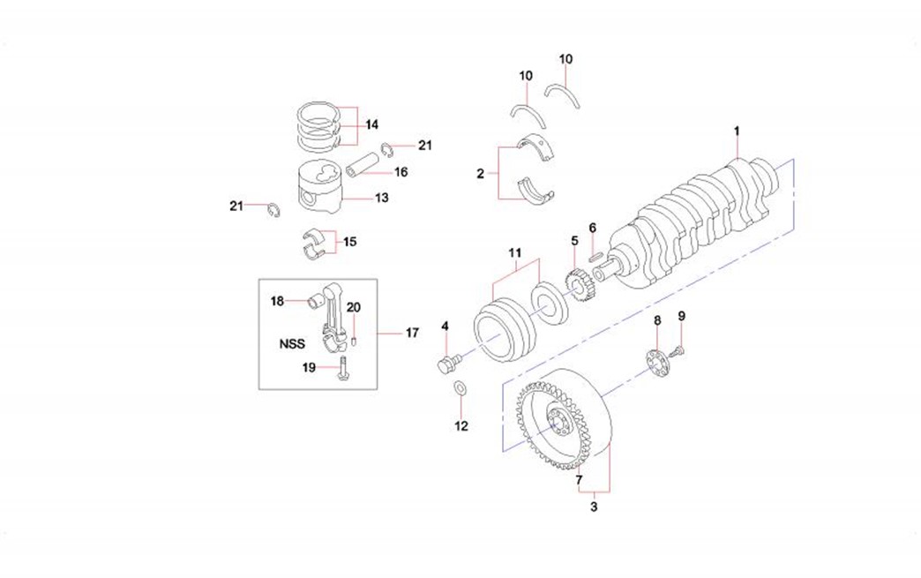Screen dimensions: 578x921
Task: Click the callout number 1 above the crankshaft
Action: coord(737,131)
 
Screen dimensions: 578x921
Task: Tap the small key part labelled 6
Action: coord(595,257)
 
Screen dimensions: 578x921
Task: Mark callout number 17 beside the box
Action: coord(412,333)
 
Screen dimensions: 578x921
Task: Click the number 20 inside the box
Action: coord(353,307)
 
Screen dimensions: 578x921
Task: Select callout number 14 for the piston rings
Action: coord(372,124)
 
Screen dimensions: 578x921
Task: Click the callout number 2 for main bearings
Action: coord(481,174)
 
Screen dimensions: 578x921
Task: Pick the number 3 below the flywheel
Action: coord(594,507)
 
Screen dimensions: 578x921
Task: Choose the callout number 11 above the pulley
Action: coord(515,253)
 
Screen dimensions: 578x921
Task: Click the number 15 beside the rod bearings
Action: coord(350,241)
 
